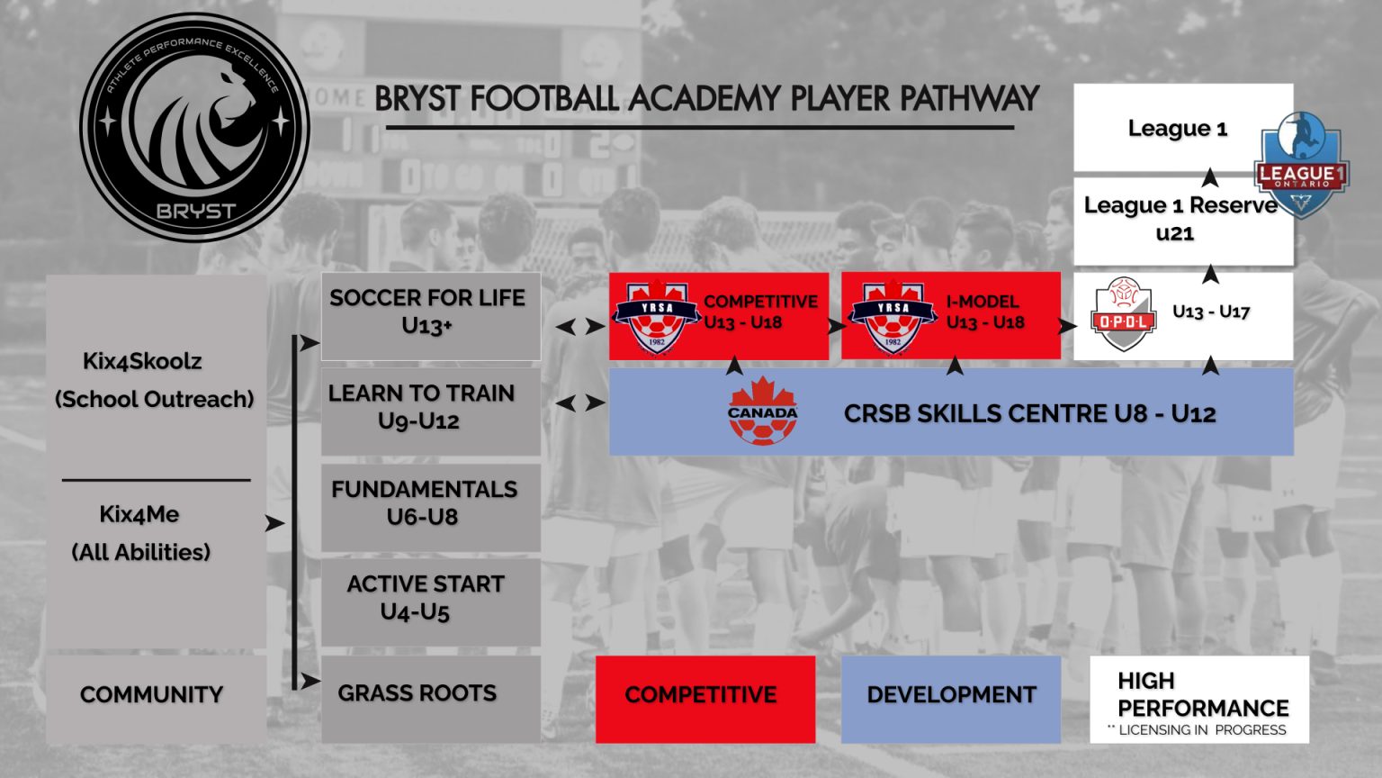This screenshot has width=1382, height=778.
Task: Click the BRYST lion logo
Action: coord(194,127)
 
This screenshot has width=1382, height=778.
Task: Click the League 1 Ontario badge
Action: coord(1301,164)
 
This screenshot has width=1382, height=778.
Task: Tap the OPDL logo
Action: coord(1124,314)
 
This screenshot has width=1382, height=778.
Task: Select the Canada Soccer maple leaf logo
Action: coord(762,412)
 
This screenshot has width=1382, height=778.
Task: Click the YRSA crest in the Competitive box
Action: coord(657,317)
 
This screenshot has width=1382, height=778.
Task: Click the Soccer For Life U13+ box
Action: coord(430,316)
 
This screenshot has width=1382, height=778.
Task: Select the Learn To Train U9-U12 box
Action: coord(430,411)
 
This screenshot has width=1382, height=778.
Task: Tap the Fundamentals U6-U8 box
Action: coord(430,506)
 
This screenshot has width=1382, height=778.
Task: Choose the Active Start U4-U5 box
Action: coord(430,601)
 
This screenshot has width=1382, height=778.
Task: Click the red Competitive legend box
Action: coord(704,699)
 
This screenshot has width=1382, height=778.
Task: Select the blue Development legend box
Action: coord(950,699)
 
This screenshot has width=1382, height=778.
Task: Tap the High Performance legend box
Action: coord(1198,699)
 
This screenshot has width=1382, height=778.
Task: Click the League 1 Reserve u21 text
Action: coord(1179,219)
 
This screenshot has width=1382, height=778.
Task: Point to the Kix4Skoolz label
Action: coord(142,361)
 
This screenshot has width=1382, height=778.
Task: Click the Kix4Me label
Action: coord(139,514)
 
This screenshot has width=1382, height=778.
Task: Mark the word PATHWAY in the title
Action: coord(968,98)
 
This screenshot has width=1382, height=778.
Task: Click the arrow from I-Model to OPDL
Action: coord(1067,326)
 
